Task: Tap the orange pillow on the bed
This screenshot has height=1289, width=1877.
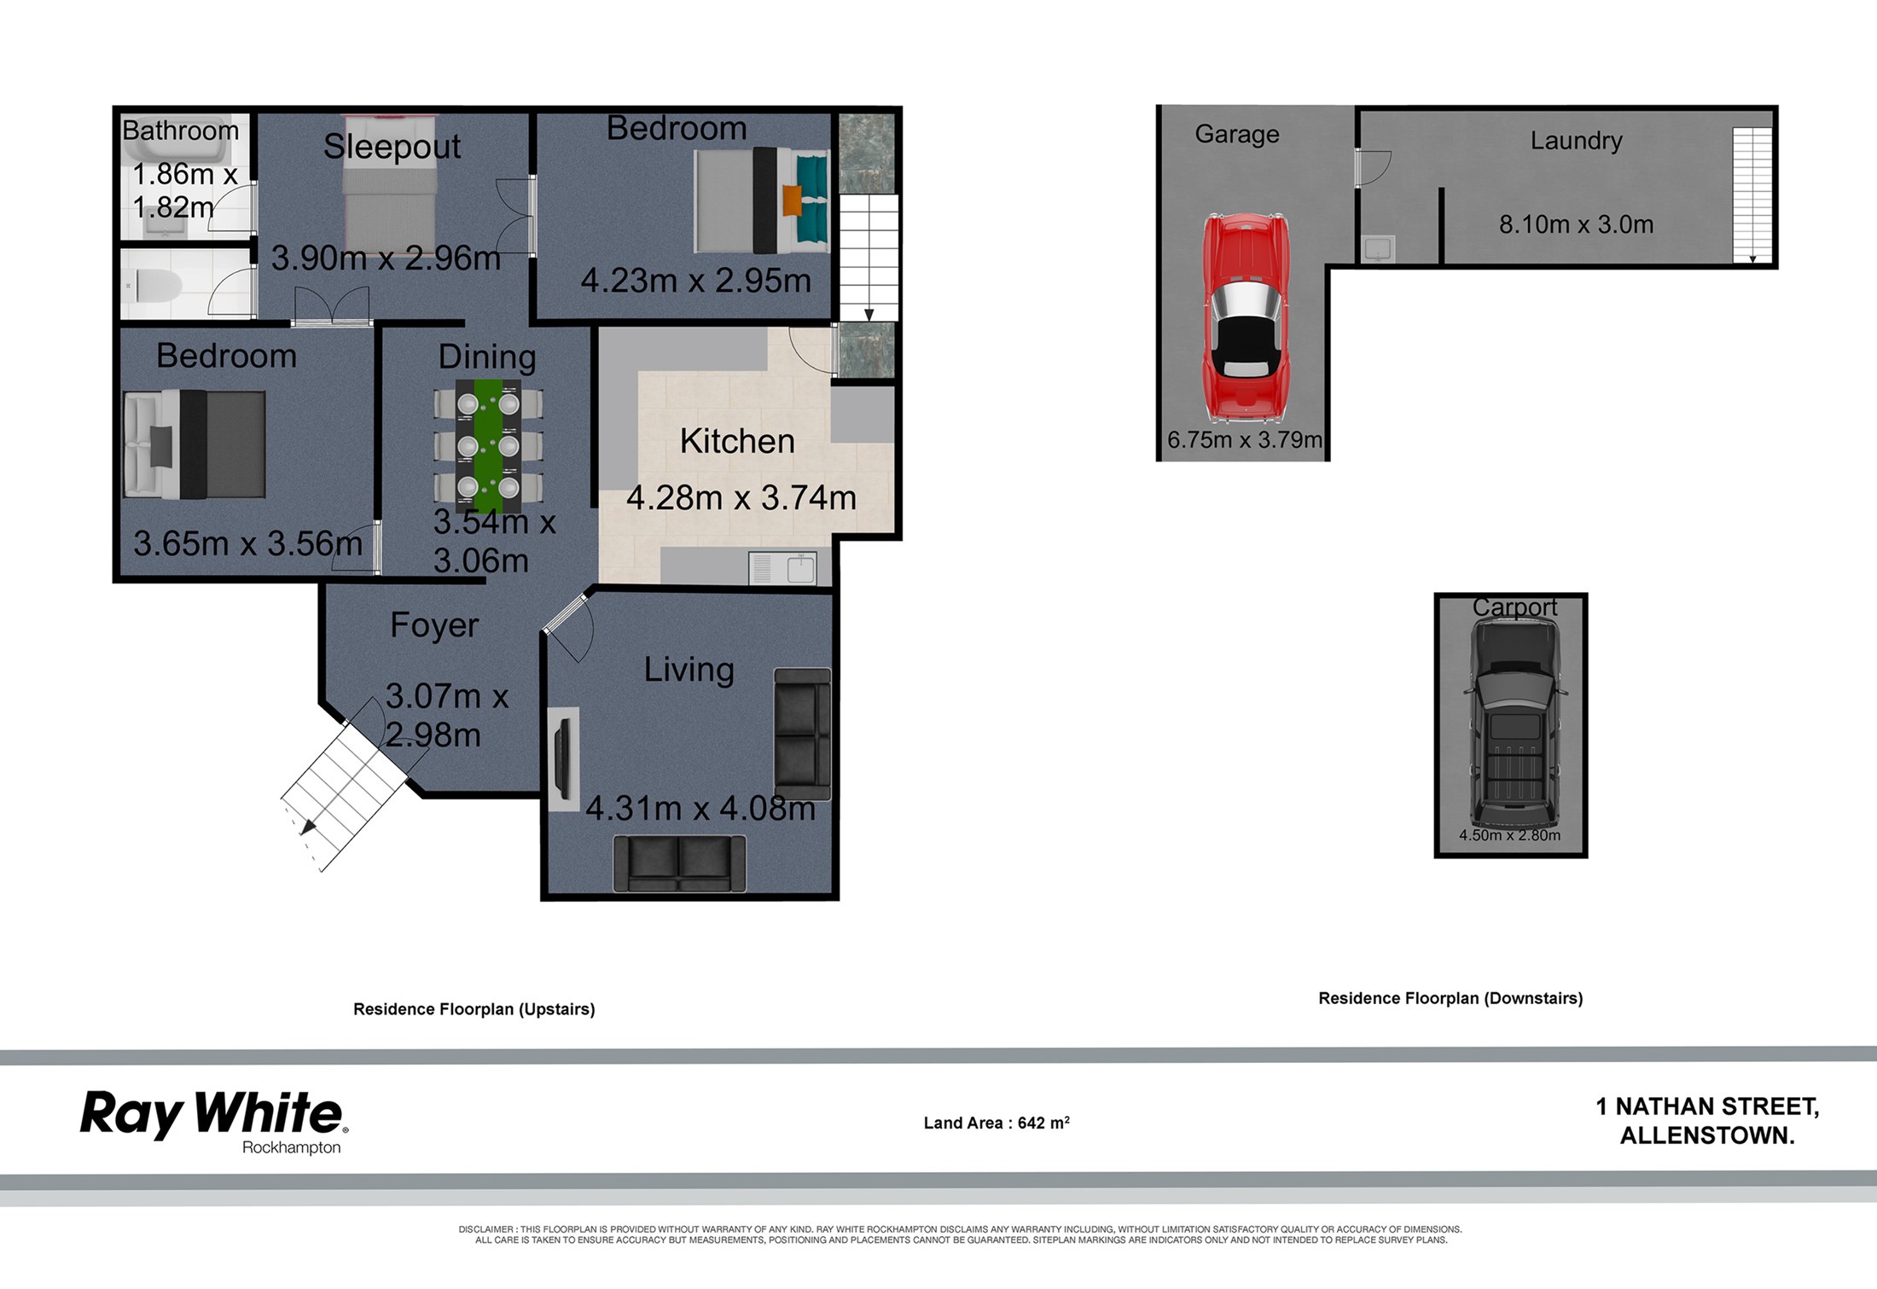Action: (793, 200)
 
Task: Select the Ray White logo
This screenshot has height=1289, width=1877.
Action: (212, 1122)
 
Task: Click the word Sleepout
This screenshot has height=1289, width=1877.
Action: (392, 147)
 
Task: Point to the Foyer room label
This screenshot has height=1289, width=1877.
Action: (434, 625)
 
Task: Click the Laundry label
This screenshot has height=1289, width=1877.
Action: (1576, 141)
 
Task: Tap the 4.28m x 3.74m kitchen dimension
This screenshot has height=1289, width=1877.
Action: (741, 497)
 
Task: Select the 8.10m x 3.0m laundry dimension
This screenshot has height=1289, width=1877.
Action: (1576, 224)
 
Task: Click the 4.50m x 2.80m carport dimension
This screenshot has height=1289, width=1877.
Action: (1509, 835)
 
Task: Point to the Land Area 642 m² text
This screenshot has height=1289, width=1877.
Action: (997, 1122)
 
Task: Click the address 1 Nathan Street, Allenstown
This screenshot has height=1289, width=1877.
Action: (1707, 1121)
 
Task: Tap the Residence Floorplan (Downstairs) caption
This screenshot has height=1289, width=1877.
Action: (1450, 998)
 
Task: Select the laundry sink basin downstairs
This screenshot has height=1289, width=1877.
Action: (1378, 249)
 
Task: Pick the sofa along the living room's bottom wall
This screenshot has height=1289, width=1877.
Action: (679, 863)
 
